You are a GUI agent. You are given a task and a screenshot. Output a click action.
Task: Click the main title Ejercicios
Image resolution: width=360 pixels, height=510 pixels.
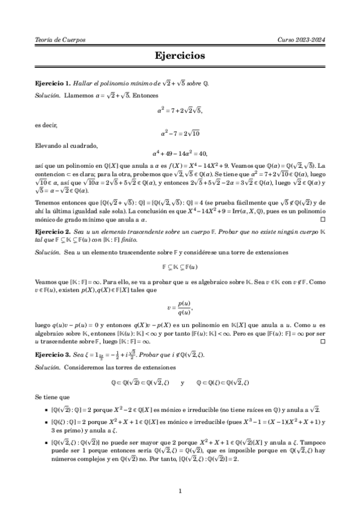pyautogui.click(x=180, y=56)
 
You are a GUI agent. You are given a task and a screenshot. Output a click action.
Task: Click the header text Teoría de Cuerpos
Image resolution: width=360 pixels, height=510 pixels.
pyautogui.click(x=61, y=39)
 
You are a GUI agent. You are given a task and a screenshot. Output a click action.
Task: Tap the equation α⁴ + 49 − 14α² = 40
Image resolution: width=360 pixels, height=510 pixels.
pyautogui.click(x=180, y=154)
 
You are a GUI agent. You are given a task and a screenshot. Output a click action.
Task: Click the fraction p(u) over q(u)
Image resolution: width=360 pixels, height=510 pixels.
pyautogui.click(x=181, y=307)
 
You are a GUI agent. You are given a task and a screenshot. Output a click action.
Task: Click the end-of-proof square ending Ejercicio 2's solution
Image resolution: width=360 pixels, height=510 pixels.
pyautogui.click(x=323, y=342)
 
